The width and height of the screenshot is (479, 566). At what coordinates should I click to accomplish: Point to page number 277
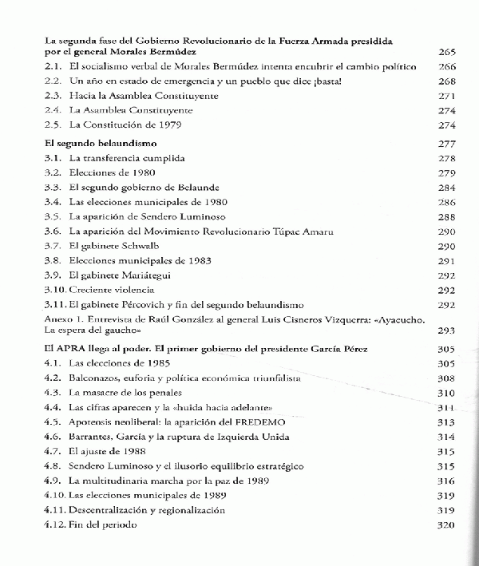(x=447, y=144)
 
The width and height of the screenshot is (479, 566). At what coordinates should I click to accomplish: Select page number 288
(x=447, y=216)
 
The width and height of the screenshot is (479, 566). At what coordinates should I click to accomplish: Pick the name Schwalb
(x=136, y=246)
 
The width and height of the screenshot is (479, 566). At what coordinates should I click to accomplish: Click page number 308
(x=447, y=378)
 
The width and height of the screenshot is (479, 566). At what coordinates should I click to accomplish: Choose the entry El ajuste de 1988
(x=108, y=451)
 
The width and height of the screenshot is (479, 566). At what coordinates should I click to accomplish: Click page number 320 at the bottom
(x=447, y=524)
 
